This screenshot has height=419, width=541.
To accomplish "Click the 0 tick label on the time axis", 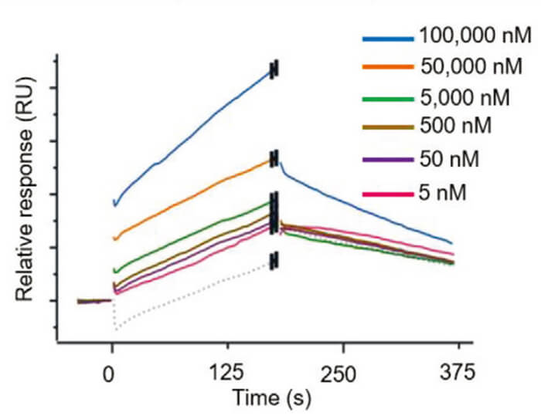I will (x=112, y=374).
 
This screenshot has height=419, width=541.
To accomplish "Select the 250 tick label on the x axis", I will (x=340, y=374).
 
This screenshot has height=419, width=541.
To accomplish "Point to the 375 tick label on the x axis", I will (x=453, y=374).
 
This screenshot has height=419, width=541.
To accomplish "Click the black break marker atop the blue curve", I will (x=274, y=69).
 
